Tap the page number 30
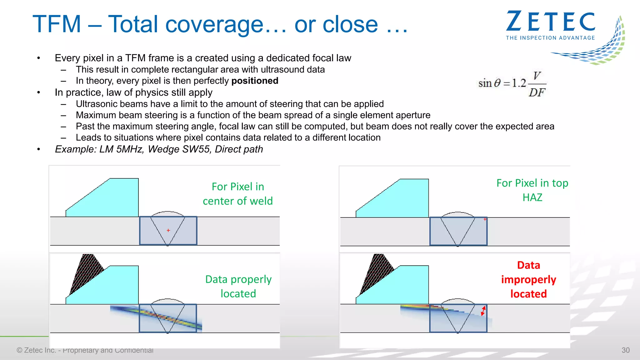(x=625, y=350)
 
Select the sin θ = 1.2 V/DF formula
(x=512, y=84)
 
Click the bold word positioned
(x=255, y=81)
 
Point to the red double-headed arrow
(x=483, y=311)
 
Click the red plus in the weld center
(x=168, y=230)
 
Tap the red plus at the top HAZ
(x=485, y=219)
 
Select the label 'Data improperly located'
(x=528, y=279)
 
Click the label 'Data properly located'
(x=238, y=286)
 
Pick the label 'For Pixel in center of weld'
(x=238, y=194)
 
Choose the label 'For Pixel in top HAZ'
(x=532, y=190)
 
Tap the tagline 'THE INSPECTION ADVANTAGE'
(x=550, y=38)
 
